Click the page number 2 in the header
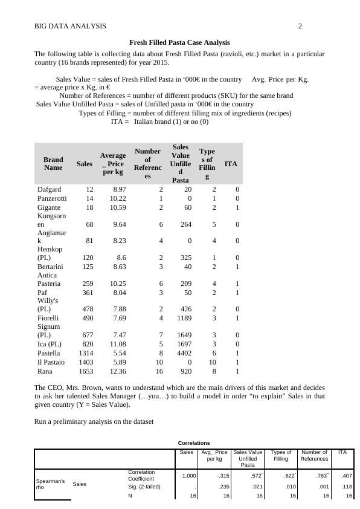click(x=300, y=26)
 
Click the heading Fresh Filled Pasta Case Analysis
click(x=180, y=42)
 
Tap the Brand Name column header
click(x=53, y=163)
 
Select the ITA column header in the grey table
click(x=231, y=163)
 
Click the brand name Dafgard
click(x=49, y=189)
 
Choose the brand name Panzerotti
click(x=52, y=198)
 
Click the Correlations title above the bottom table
click(x=194, y=443)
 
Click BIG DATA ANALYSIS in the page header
click(x=70, y=26)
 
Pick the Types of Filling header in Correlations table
click(x=281, y=455)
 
